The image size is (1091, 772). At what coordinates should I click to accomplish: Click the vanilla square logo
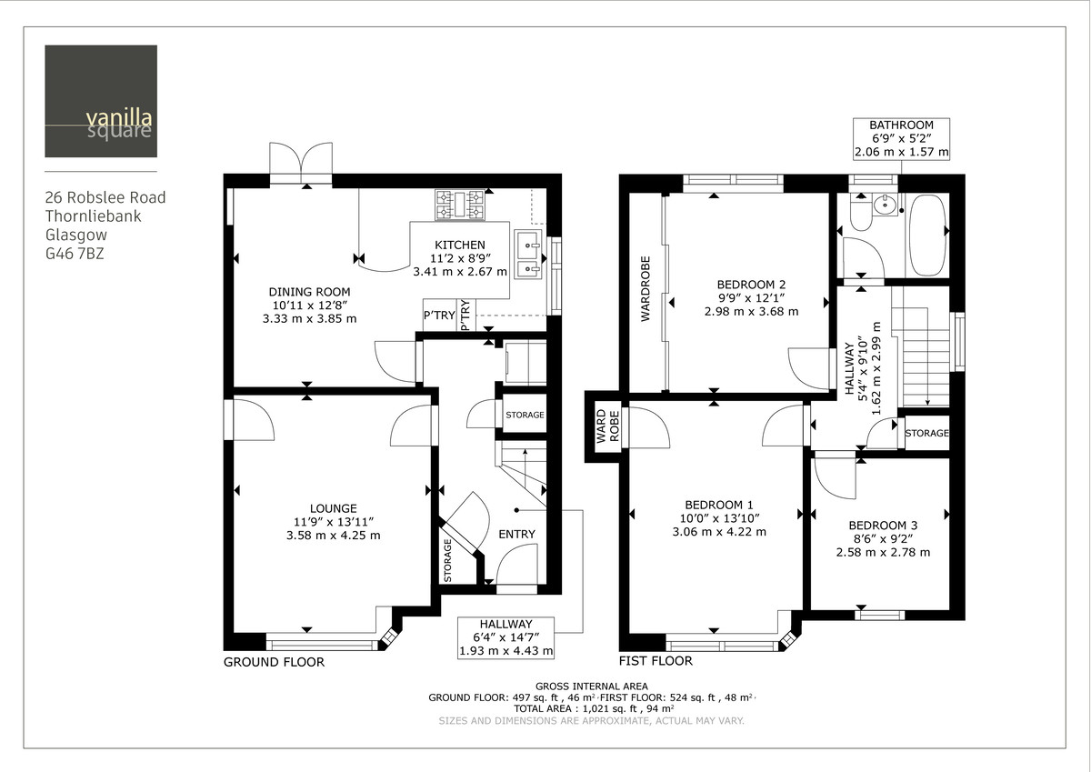101,101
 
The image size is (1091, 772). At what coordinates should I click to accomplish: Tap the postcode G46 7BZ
75,255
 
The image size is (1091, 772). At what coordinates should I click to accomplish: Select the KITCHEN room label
459,246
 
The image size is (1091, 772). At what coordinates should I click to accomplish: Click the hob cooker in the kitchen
462,204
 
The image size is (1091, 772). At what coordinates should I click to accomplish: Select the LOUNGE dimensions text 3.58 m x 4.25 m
332,536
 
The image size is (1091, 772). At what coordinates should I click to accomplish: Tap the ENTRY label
516,534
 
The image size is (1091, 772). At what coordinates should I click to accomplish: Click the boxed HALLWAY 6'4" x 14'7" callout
506,637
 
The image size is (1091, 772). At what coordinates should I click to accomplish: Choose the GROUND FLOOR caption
274,662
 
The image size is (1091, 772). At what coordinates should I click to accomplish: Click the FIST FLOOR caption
655,661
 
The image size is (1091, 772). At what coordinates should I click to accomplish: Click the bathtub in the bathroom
927,236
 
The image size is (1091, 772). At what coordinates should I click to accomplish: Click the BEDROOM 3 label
882,526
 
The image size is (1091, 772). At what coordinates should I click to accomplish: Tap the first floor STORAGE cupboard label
927,434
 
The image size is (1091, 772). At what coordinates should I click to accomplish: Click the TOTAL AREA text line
593,708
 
